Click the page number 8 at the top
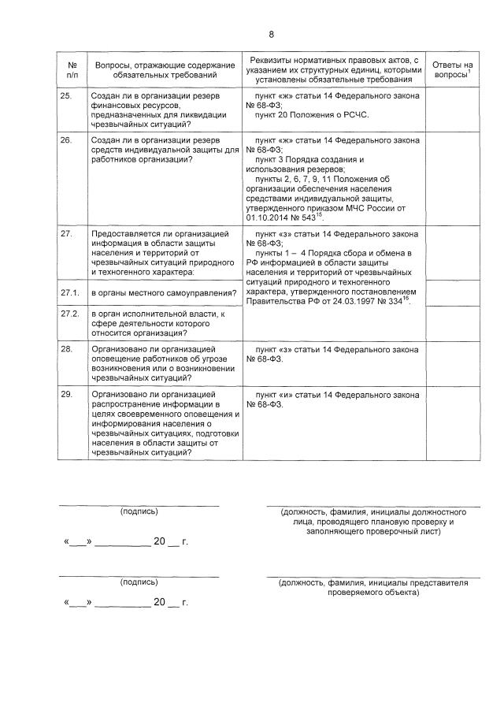point(272,34)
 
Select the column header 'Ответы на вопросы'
point(453,69)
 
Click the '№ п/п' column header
point(72,69)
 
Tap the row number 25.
point(67,95)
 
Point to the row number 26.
point(67,139)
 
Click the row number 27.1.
point(69,293)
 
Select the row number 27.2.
point(69,313)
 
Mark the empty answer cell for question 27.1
point(453,293)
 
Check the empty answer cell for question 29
point(453,424)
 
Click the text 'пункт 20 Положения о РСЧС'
point(312,114)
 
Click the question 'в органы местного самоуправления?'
point(164,294)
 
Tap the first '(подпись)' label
point(139,511)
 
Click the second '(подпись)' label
point(139,582)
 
